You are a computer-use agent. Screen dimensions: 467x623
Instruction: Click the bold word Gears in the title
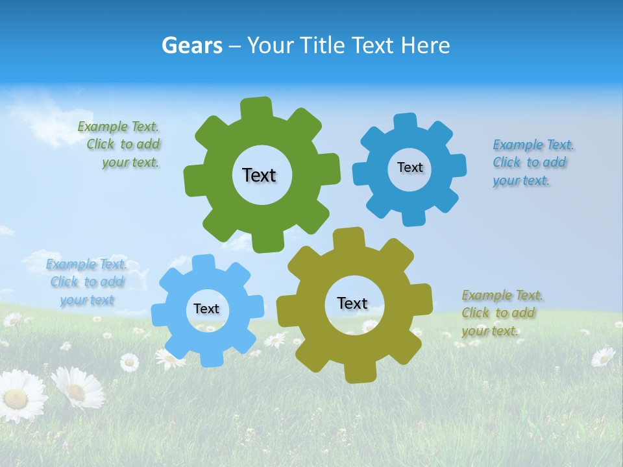coord(191,45)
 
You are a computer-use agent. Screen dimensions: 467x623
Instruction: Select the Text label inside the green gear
coord(259,175)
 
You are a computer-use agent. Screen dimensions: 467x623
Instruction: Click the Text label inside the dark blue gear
coord(409,167)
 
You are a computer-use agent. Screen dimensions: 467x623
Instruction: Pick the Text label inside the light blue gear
coord(206,309)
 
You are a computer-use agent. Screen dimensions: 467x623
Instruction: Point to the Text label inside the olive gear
coord(352,303)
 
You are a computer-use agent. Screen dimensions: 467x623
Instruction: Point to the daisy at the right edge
coord(604,356)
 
